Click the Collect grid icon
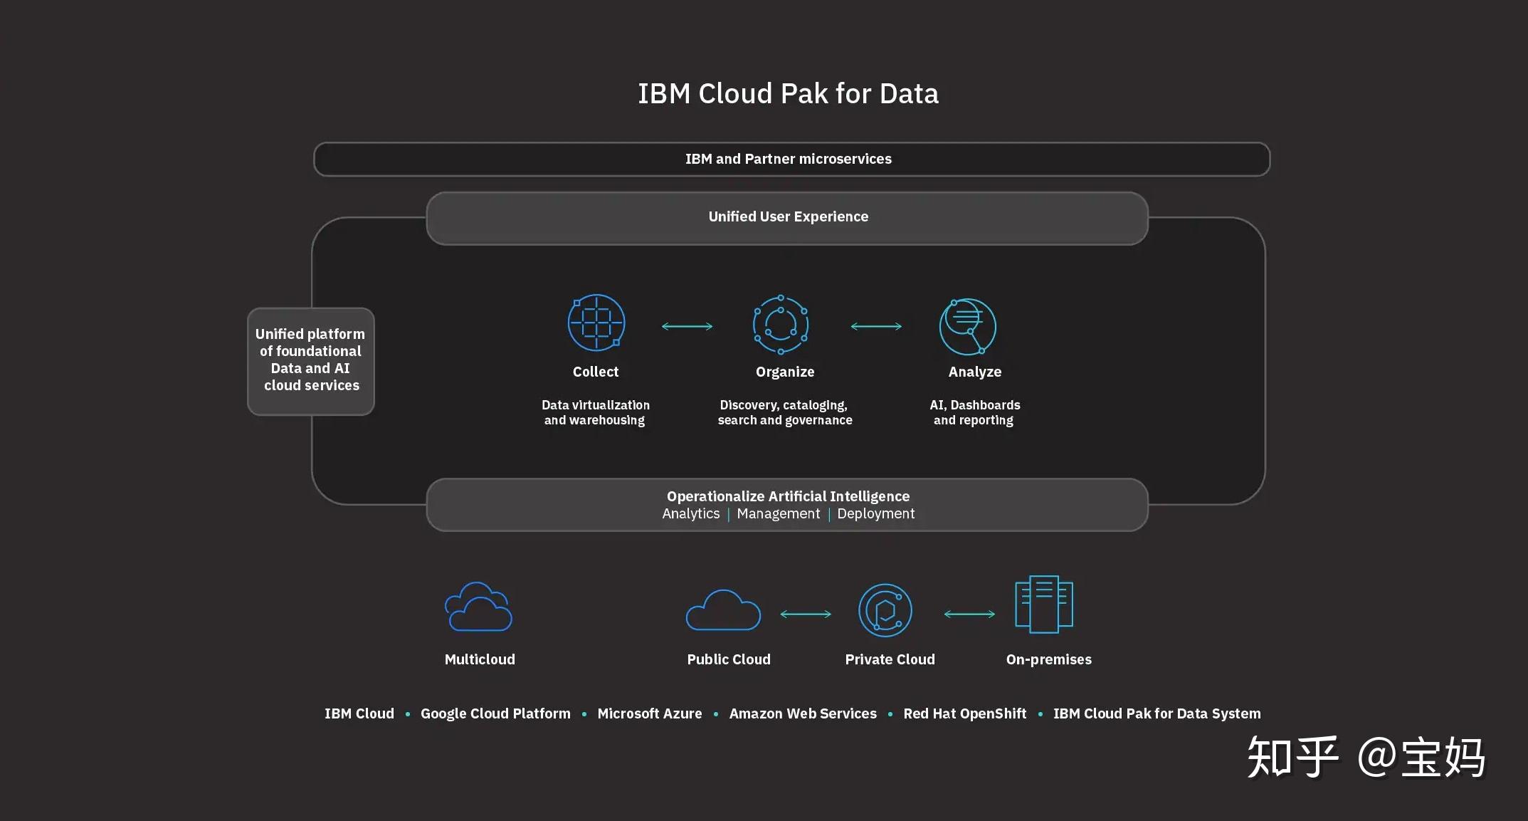[x=596, y=323]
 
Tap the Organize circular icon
[x=781, y=325]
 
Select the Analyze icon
[x=968, y=326]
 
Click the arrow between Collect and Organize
[x=687, y=326]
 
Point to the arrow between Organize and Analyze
[x=876, y=326]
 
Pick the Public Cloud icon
[x=723, y=610]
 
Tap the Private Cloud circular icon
[x=885, y=610]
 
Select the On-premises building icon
[x=1044, y=604]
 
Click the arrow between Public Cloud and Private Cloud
[x=806, y=614]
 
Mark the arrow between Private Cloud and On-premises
[x=969, y=614]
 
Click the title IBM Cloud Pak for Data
[x=788, y=94]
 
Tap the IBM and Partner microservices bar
[x=791, y=159]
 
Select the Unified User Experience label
[x=788, y=216]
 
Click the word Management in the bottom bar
[x=778, y=513]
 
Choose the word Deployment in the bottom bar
[x=875, y=513]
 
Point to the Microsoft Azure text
[x=649, y=713]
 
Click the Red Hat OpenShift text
[x=964, y=713]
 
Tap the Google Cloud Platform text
[x=495, y=713]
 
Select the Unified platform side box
[x=311, y=360]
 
